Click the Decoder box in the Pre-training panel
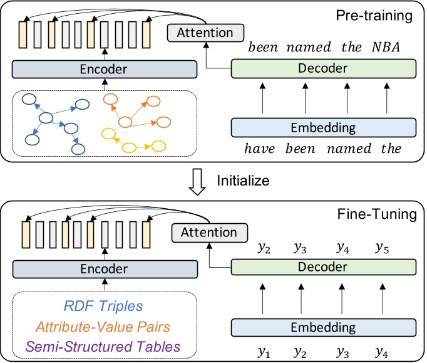[x=324, y=68]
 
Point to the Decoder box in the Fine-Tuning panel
[x=324, y=267]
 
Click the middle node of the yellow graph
[x=130, y=148]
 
